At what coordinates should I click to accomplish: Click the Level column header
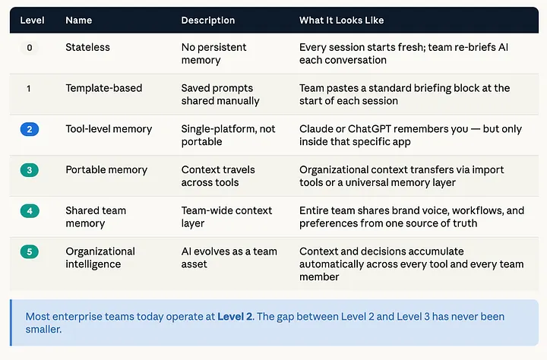(x=32, y=21)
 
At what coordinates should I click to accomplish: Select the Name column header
(x=79, y=21)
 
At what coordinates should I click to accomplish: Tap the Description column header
(x=208, y=21)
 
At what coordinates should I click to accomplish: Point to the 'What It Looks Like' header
(x=342, y=21)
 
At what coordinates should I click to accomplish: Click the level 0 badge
(x=30, y=48)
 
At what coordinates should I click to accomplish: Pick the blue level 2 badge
(x=30, y=129)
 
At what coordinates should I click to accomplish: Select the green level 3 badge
(x=30, y=170)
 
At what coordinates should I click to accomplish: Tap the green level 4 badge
(x=30, y=211)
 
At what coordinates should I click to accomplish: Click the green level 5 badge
(x=30, y=252)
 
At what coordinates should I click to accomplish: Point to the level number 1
(x=29, y=89)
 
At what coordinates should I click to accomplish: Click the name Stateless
(x=87, y=47)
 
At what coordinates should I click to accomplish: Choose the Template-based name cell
(x=104, y=88)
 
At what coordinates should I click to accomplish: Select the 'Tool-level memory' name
(x=109, y=129)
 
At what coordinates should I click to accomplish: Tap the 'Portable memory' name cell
(x=106, y=170)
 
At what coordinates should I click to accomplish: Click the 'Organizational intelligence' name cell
(x=100, y=257)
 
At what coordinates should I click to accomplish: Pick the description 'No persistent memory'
(x=213, y=54)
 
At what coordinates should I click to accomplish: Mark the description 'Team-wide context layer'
(x=226, y=217)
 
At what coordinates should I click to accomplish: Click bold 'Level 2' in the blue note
(x=235, y=317)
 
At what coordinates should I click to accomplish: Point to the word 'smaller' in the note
(x=43, y=329)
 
